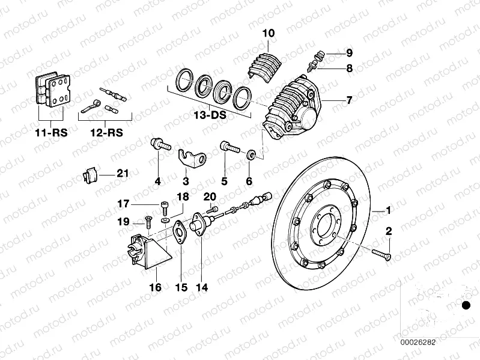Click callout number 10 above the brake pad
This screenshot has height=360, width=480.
click(x=268, y=33)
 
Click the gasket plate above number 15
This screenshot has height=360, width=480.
click(x=178, y=231)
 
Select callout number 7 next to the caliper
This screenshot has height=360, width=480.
click(x=349, y=100)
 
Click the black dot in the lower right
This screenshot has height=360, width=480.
click(x=465, y=306)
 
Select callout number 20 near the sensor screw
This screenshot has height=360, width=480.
click(x=209, y=197)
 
